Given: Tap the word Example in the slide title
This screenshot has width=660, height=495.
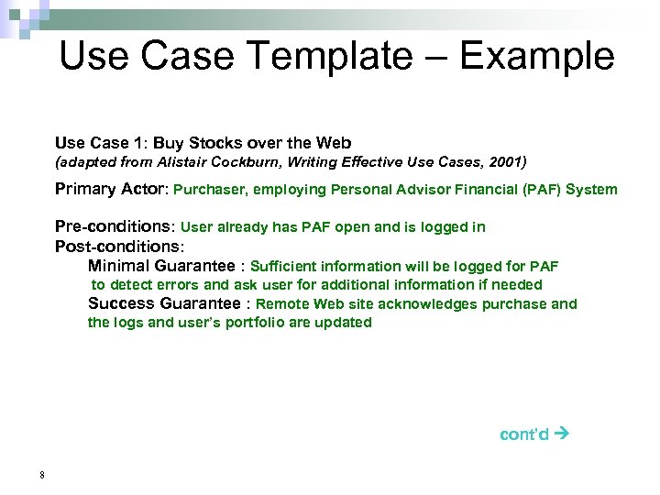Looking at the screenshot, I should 536,57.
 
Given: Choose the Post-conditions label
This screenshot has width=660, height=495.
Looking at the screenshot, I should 119,247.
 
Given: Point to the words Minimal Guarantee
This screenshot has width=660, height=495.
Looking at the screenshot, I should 161,266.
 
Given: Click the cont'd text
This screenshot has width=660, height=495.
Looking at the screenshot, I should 524,434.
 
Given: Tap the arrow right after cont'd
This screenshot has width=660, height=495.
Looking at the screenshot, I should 563,434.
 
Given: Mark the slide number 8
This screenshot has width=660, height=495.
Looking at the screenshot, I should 42,475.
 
